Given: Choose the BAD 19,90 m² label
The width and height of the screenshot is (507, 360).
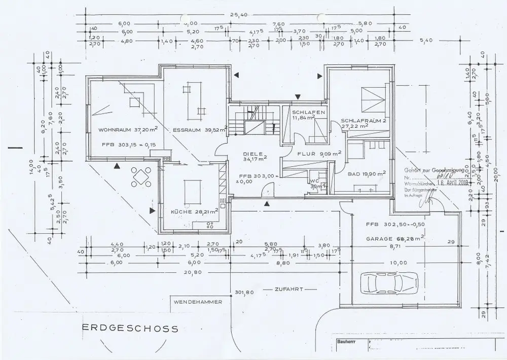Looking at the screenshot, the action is coord(367,173).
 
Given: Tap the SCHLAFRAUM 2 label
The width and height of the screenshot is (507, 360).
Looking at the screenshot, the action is coord(359,122).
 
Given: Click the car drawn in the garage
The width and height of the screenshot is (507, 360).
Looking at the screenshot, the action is coord(389,281).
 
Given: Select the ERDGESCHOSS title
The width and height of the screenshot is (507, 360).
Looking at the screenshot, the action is coord(130,329).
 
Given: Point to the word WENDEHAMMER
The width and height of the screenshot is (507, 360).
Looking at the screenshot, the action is coord(198,302).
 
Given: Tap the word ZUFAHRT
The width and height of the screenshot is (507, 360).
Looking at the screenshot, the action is coord(288,290).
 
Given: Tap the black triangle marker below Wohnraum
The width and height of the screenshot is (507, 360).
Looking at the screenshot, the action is coord(117,165).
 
